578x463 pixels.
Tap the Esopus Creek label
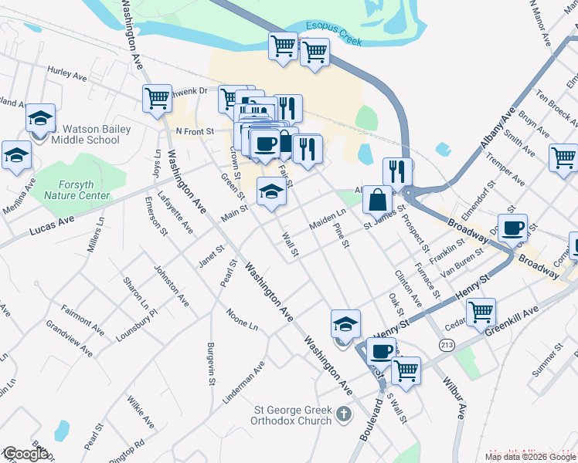tap(335, 26)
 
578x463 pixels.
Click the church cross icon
tap(345, 416)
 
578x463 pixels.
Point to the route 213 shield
tap(446, 343)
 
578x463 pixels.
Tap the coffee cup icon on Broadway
tap(512, 228)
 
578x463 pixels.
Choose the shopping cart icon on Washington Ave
tap(157, 98)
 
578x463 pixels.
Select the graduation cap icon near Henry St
tap(345, 323)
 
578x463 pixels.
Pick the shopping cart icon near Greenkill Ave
tap(481, 312)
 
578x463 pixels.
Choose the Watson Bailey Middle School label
tap(86, 133)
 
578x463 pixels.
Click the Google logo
tap(25, 454)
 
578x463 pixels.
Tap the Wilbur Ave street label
tap(453, 398)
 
